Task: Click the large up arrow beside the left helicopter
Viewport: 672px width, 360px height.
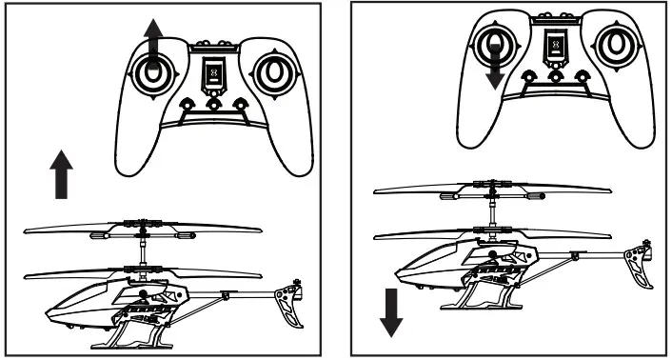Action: click(62, 173)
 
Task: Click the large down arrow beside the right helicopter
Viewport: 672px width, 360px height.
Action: click(389, 313)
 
